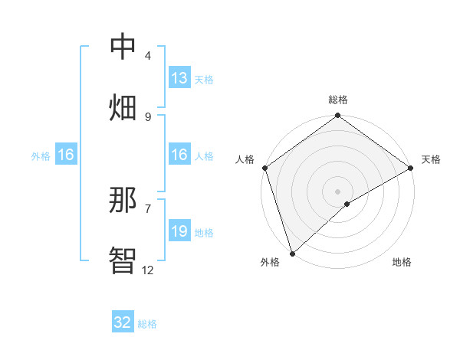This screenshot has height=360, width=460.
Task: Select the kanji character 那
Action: [123, 200]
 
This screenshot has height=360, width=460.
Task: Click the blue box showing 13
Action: [179, 78]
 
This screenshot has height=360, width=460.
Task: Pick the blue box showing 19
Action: [179, 231]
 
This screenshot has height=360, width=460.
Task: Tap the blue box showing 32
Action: [123, 322]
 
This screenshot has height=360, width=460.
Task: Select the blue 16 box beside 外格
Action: [66, 155]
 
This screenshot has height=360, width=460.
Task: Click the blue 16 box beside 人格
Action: [179, 155]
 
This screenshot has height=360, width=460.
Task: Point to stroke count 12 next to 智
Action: [148, 270]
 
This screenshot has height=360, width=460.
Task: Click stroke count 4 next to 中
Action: [148, 55]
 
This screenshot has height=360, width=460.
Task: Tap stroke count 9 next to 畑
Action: [148, 116]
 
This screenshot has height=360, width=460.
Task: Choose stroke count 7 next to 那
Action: [148, 208]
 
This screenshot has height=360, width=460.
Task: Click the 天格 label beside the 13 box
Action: [204, 79]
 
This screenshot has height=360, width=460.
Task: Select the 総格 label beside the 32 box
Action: [147, 324]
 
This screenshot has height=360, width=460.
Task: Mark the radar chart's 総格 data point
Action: [337, 116]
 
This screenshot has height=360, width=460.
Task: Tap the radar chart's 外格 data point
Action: [292, 254]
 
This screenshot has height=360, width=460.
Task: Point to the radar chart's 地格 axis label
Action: [402, 262]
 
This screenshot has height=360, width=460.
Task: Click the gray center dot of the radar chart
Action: [337, 191]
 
